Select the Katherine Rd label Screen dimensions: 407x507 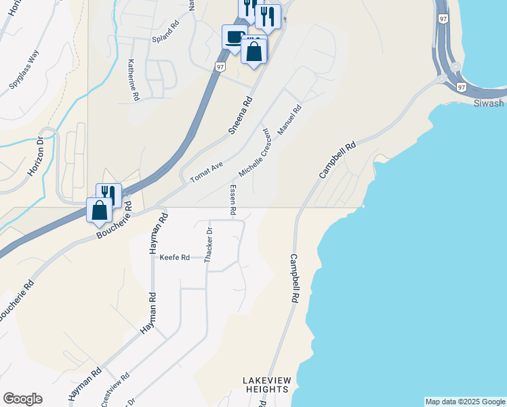click(x=131, y=79)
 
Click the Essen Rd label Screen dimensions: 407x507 click(x=232, y=201)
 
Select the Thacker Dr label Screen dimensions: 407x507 click(x=209, y=241)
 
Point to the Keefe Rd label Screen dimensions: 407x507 click(x=174, y=258)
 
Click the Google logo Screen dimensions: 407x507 click(x=22, y=399)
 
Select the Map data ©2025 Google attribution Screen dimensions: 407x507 click(x=465, y=402)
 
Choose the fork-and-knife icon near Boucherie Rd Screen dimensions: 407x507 click(x=108, y=195)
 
